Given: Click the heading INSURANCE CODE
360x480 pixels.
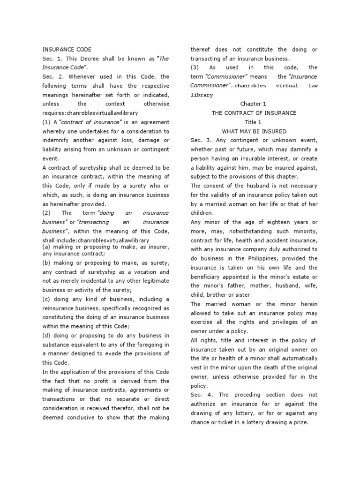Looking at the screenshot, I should pyautogui.click(x=67, y=49).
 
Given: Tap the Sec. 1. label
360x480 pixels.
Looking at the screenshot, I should pyautogui.click(x=51, y=58).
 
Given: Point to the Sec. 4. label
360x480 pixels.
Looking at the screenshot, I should pyautogui.click(x=199, y=395).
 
